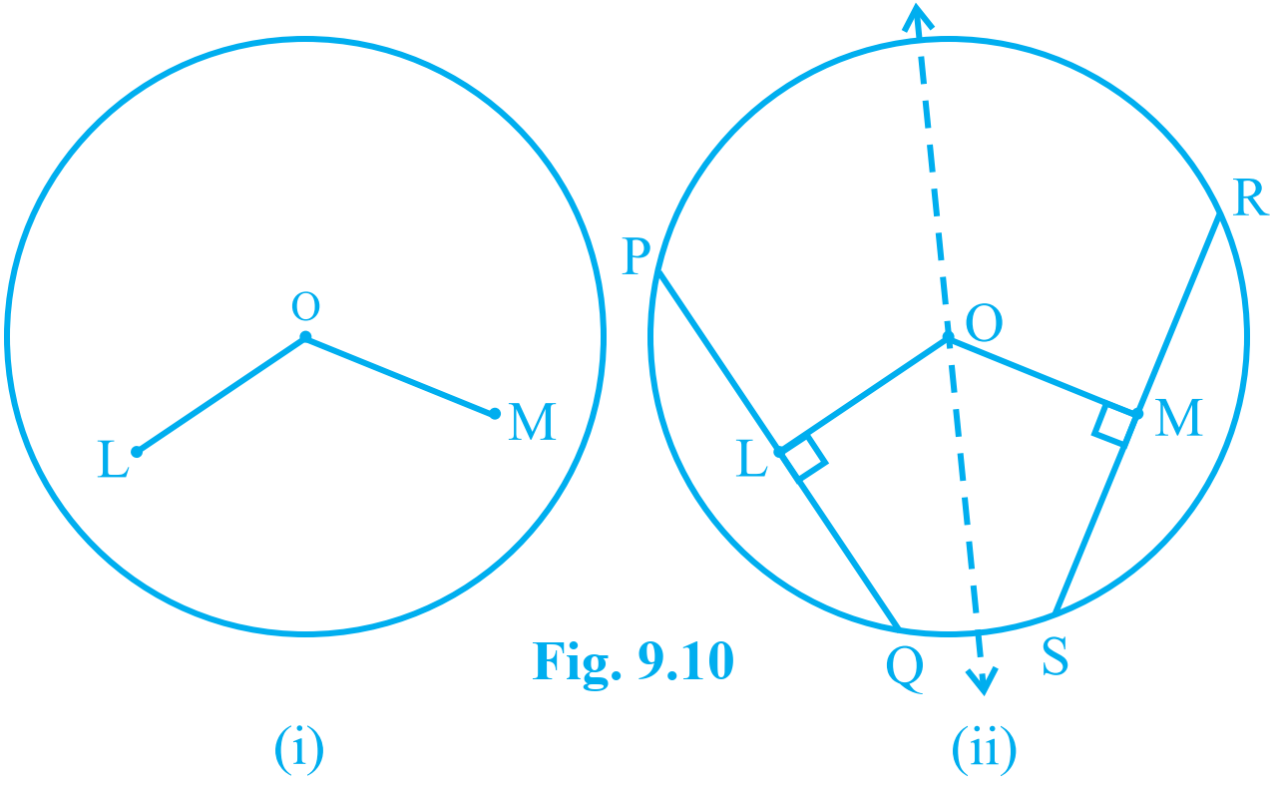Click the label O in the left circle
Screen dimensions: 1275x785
(305, 306)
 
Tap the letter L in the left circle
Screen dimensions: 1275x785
(114, 459)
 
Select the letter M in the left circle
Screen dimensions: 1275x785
(532, 422)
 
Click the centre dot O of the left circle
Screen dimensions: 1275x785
(305, 337)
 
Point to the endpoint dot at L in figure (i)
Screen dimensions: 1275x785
(137, 452)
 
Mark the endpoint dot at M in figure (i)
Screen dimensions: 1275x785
(495, 414)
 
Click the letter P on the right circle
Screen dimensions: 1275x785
(636, 256)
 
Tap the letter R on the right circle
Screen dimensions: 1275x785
(1250, 197)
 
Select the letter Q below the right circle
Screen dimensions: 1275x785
(905, 670)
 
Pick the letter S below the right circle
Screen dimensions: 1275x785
(1056, 655)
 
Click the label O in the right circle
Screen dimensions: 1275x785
(984, 322)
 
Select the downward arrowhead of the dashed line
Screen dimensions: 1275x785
(983, 681)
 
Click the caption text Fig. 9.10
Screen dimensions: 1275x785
(633, 661)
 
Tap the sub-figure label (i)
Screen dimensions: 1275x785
(299, 749)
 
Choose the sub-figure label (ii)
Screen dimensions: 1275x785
(984, 749)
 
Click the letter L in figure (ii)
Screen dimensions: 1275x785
(751, 458)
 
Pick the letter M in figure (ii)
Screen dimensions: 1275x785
(1179, 418)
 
